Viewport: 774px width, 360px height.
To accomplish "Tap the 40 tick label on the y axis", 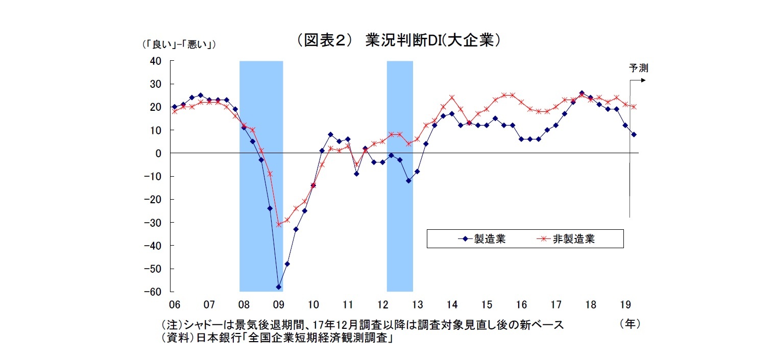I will click(x=155, y=61).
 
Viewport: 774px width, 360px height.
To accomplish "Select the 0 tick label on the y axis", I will click(x=158, y=153).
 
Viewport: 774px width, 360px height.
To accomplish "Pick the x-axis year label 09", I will click(x=278, y=305).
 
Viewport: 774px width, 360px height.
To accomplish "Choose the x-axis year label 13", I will click(x=417, y=305).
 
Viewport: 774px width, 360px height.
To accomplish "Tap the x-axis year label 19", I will click(x=625, y=305).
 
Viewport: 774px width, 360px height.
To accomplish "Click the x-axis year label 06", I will click(x=175, y=305).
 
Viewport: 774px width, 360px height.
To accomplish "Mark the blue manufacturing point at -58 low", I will click(x=279, y=287).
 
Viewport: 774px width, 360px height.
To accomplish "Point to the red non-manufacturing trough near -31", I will click(x=279, y=224).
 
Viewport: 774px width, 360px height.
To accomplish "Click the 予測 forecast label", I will click(x=638, y=68).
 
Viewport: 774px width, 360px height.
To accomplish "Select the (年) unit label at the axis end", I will click(x=629, y=324).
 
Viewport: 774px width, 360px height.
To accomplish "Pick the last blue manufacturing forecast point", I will click(x=634, y=135).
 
